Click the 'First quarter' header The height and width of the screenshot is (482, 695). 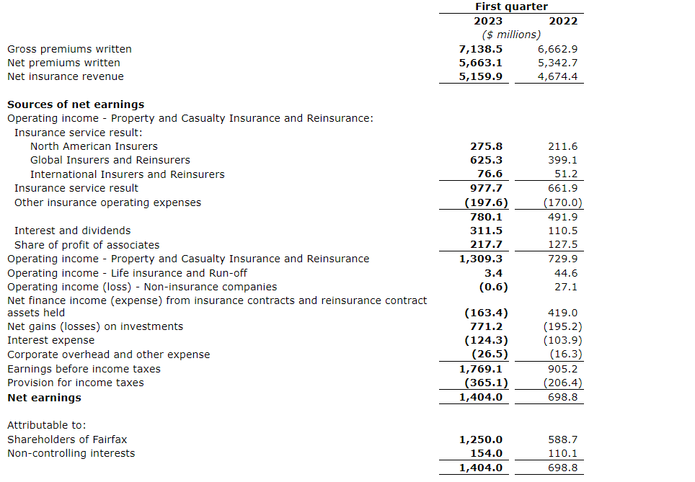click(511, 6)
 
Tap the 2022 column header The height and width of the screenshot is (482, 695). click(563, 21)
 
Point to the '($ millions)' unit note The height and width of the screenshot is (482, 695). click(511, 35)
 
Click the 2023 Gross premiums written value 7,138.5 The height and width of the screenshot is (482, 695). click(481, 49)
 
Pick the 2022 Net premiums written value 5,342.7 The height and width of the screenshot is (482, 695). click(557, 63)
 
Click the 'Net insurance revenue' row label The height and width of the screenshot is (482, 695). click(66, 76)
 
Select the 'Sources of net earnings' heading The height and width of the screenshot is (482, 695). click(76, 104)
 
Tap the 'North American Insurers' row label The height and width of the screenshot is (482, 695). click(94, 146)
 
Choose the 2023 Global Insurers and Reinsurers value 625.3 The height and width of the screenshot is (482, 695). click(487, 160)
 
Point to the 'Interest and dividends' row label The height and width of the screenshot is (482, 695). click(73, 231)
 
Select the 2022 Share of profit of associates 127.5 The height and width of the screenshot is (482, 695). click(563, 245)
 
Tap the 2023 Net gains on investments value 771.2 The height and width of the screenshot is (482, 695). click(487, 326)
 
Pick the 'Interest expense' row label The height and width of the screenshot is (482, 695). click(50, 340)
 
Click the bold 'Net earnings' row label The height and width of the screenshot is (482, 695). click(44, 398)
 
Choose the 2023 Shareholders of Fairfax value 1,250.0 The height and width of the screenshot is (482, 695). click(481, 439)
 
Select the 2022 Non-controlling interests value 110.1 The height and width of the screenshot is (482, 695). click(563, 454)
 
